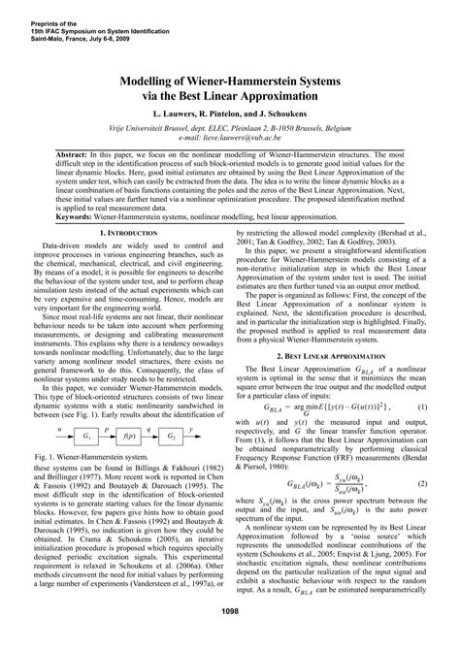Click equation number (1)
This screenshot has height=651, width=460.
[x=423, y=382]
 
